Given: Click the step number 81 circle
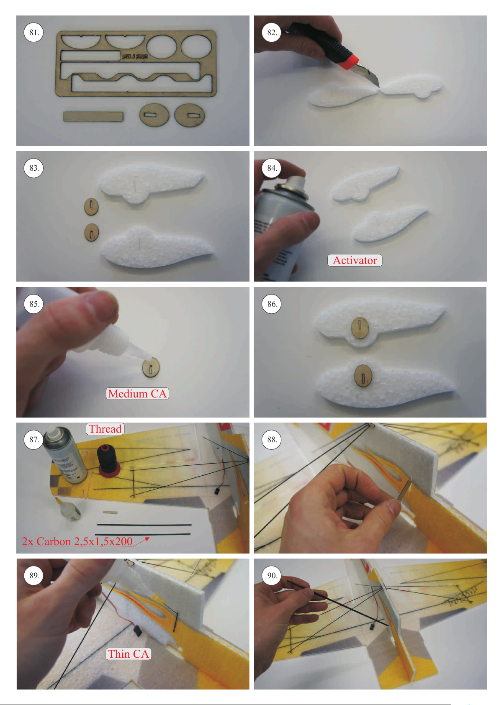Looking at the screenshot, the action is click(x=33, y=32).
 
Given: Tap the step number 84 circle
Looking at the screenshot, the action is click(x=272, y=168).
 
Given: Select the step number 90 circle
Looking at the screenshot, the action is click(x=272, y=575).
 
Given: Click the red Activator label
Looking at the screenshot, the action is click(x=355, y=260).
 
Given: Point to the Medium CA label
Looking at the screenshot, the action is click(x=137, y=393).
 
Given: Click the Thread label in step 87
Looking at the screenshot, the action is click(x=105, y=429).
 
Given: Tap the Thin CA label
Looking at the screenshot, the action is click(x=129, y=654).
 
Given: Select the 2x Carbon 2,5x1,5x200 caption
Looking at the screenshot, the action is click(x=77, y=541).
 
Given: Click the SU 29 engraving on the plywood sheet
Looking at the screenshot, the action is click(x=135, y=56).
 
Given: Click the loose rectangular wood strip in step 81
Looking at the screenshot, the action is click(x=93, y=116).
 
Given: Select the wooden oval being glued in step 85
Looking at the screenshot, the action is click(x=151, y=367).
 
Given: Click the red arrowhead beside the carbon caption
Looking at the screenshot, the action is click(x=147, y=540).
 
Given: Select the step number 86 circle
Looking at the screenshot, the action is click(x=272, y=304).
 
